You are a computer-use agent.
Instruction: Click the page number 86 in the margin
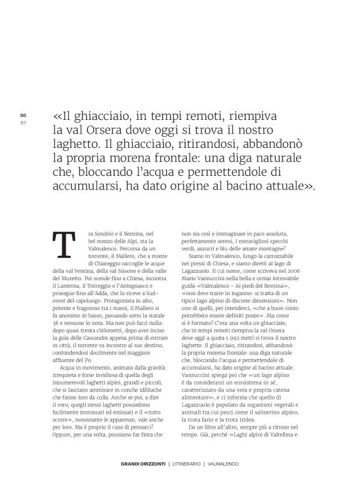tap(24, 115)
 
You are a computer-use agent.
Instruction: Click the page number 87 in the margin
tap(24, 122)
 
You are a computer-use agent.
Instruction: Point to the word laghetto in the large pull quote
tap(79, 145)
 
